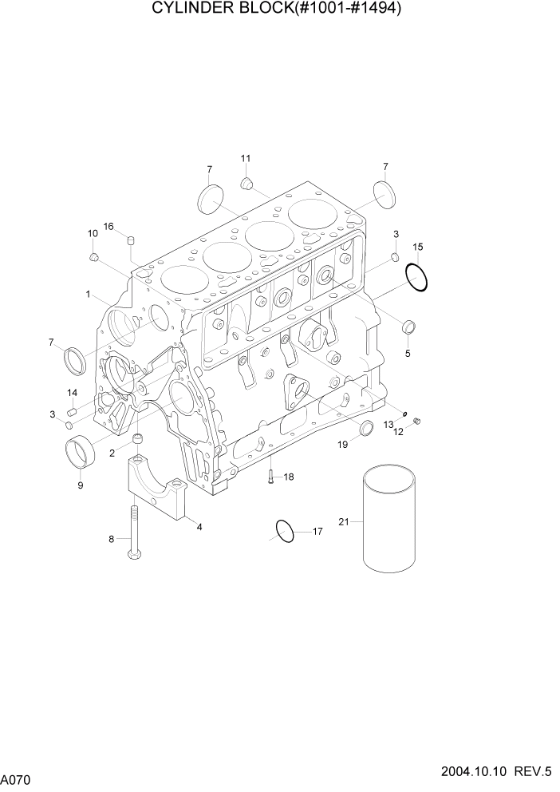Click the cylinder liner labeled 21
pos(389,522)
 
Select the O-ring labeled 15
pos(417,277)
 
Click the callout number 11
pos(246,158)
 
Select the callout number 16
pos(108,226)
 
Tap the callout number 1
pos(89,295)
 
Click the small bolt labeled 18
pos(271,477)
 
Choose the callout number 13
pos(388,424)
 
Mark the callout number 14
pos(72,393)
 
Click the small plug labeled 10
pos(93,257)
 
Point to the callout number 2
pos(112,453)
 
